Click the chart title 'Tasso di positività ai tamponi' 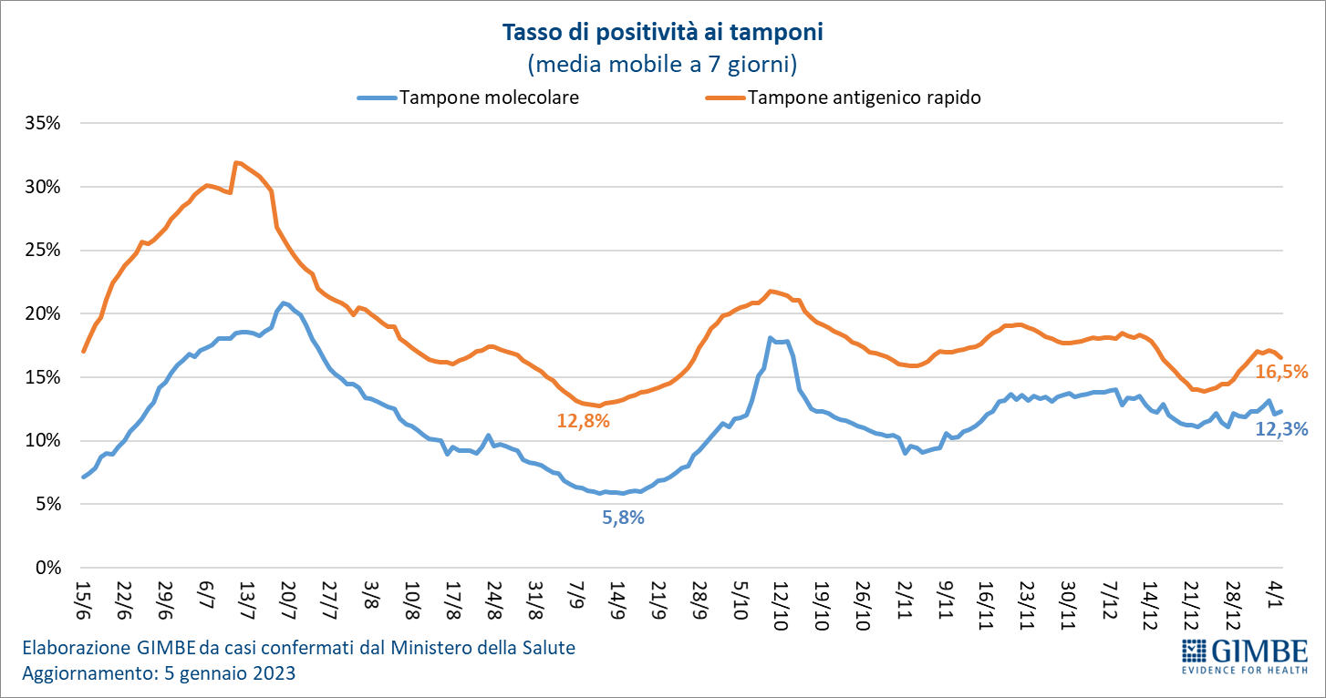click(x=663, y=33)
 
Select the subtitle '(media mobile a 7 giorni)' click(x=663, y=64)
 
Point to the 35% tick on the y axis click(x=43, y=123)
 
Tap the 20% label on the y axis click(x=43, y=313)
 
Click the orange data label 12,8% click(x=583, y=421)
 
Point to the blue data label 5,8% click(x=623, y=518)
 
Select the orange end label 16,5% click(x=1281, y=372)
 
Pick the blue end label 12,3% click(x=1281, y=428)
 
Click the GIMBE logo click(x=1244, y=656)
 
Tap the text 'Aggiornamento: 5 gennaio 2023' click(x=158, y=674)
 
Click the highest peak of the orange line click(x=236, y=162)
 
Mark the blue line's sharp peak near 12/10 click(x=771, y=338)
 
